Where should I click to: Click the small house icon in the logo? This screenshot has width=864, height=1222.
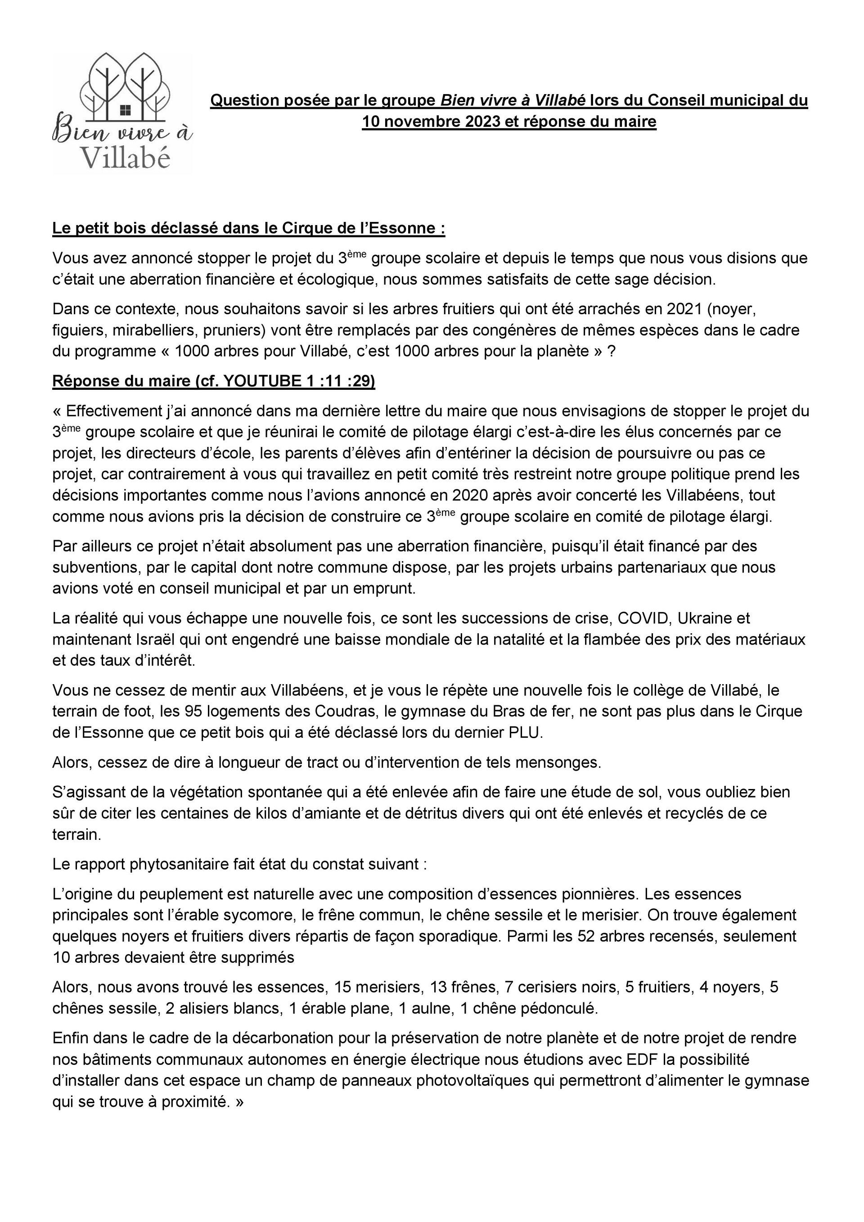(126, 108)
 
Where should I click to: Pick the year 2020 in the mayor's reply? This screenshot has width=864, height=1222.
(470, 495)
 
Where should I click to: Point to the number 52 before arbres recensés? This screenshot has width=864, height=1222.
(586, 936)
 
